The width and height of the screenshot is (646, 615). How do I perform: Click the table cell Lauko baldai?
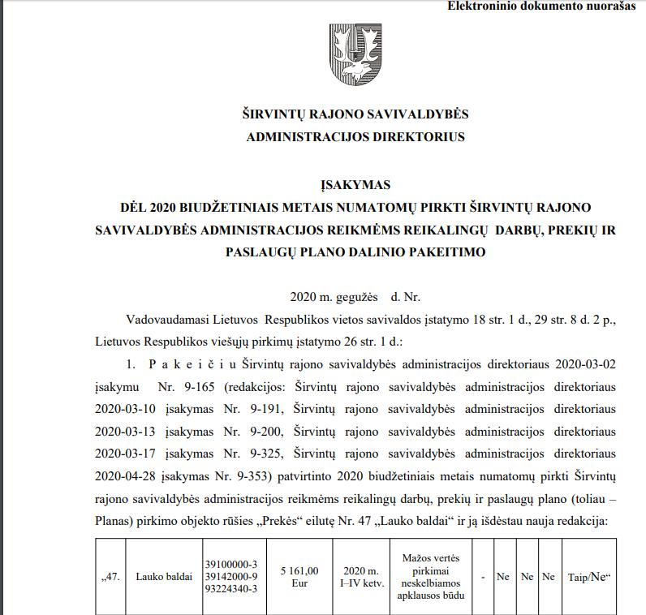(164, 577)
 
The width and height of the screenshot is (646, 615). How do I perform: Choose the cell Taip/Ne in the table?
(589, 577)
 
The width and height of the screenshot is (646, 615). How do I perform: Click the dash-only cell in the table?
(483, 577)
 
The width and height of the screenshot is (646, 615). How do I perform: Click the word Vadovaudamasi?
(164, 320)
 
